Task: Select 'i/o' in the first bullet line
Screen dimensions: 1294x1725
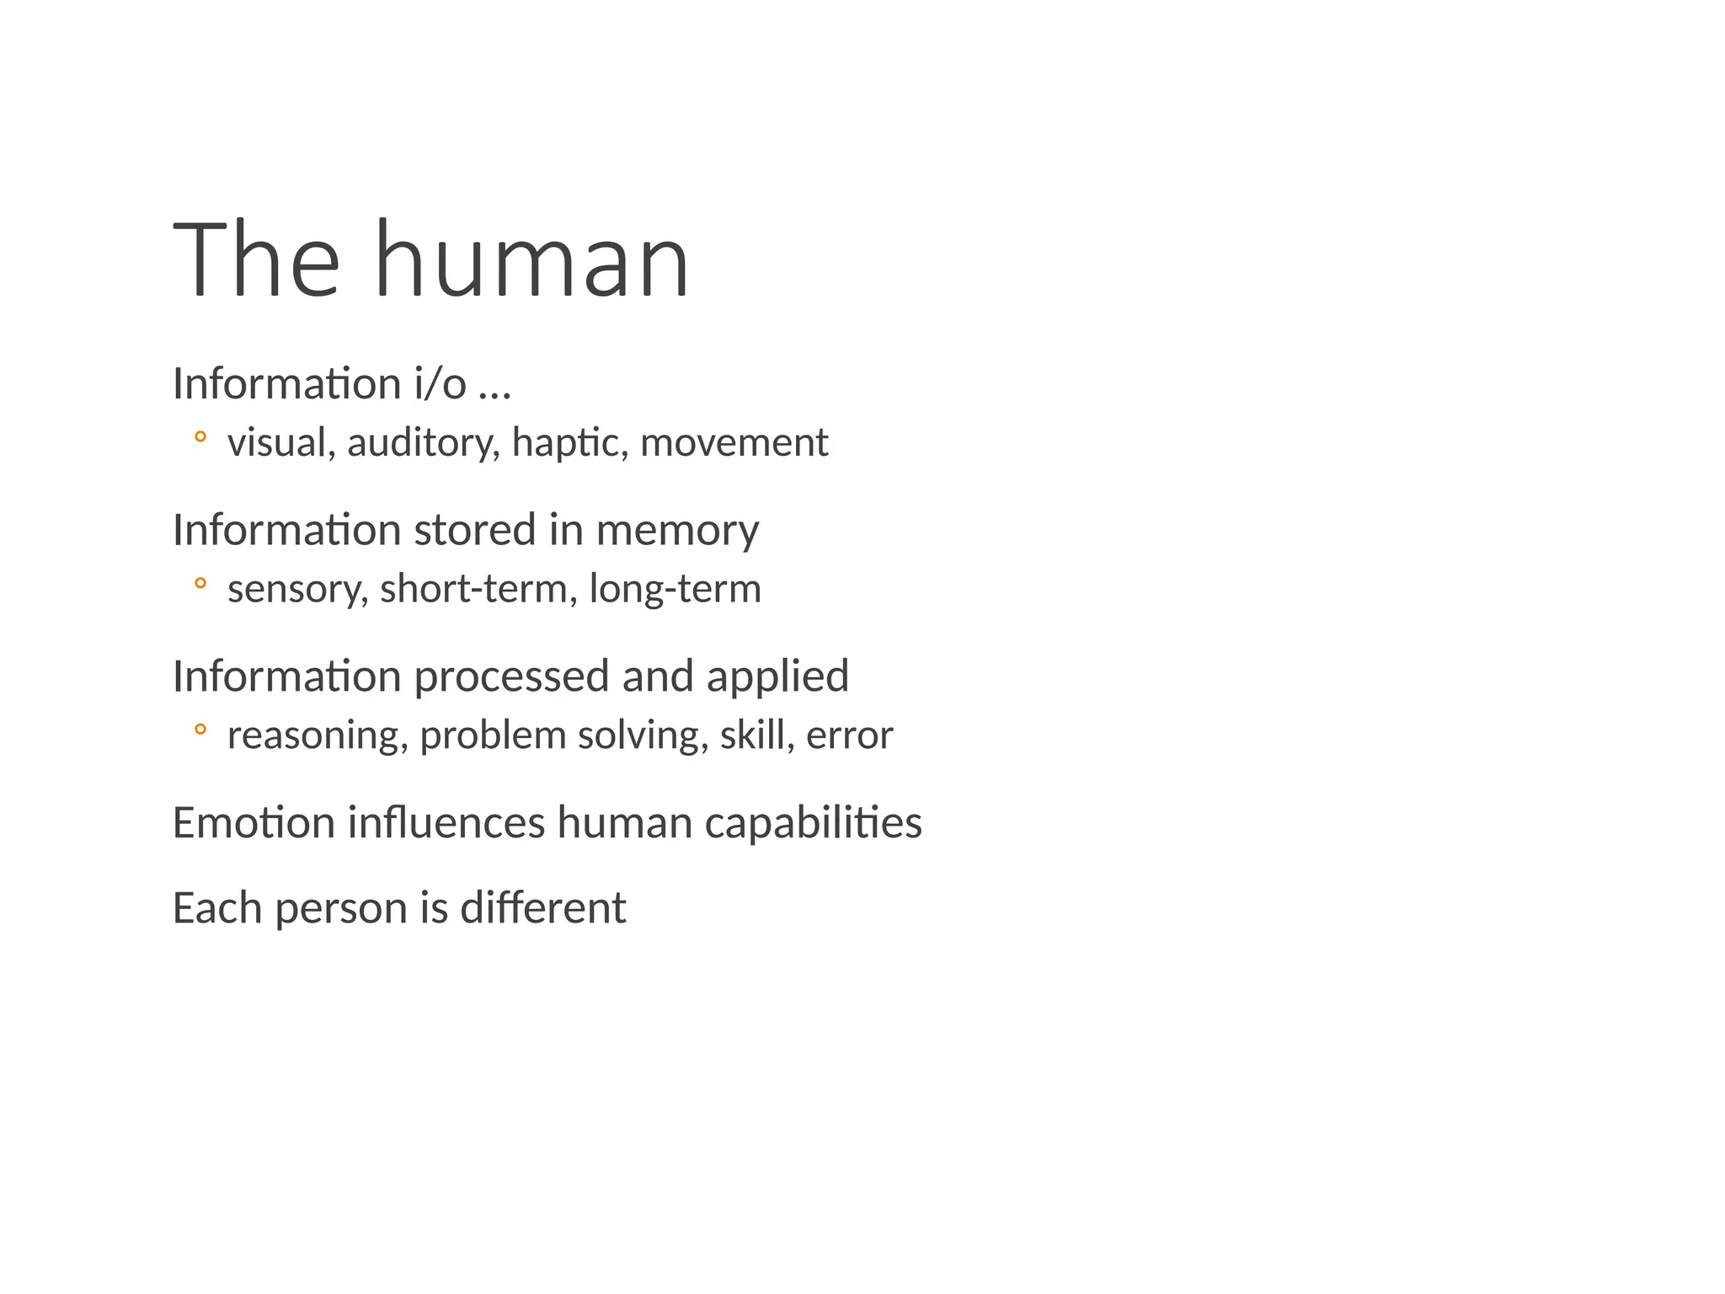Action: click(440, 384)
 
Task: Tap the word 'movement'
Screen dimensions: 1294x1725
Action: click(734, 443)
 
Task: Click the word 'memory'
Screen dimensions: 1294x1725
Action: click(677, 531)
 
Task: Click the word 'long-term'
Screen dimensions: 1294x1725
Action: click(675, 589)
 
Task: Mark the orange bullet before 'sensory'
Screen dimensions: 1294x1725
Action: click(200, 582)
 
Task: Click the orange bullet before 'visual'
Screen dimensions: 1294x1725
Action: click(200, 436)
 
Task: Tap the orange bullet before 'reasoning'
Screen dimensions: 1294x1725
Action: click(200, 729)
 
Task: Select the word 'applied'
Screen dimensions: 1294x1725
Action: click(777, 677)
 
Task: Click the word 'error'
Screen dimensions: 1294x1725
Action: click(849, 735)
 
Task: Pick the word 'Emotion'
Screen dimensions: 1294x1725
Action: click(254, 822)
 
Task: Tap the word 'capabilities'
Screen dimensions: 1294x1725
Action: click(813, 824)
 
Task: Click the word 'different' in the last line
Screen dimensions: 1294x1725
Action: click(542, 908)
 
